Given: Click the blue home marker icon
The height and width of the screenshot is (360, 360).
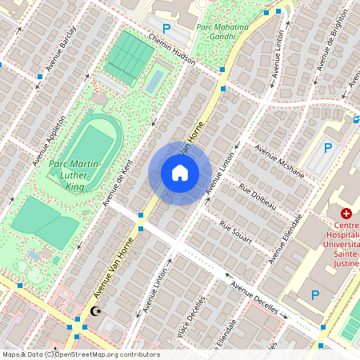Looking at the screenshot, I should point(180,172).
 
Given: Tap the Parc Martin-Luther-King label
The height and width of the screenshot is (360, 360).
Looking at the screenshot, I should point(77,175).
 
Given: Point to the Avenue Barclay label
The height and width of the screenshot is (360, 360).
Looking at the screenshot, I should point(61,48).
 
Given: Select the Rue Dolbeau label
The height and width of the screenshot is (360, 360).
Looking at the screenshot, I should point(258,196).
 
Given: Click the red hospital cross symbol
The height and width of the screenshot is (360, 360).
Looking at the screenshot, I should point(346,214).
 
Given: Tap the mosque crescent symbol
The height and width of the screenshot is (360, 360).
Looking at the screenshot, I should point(98,310).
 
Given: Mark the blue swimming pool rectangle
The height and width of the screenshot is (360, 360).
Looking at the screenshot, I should point(155,78).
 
